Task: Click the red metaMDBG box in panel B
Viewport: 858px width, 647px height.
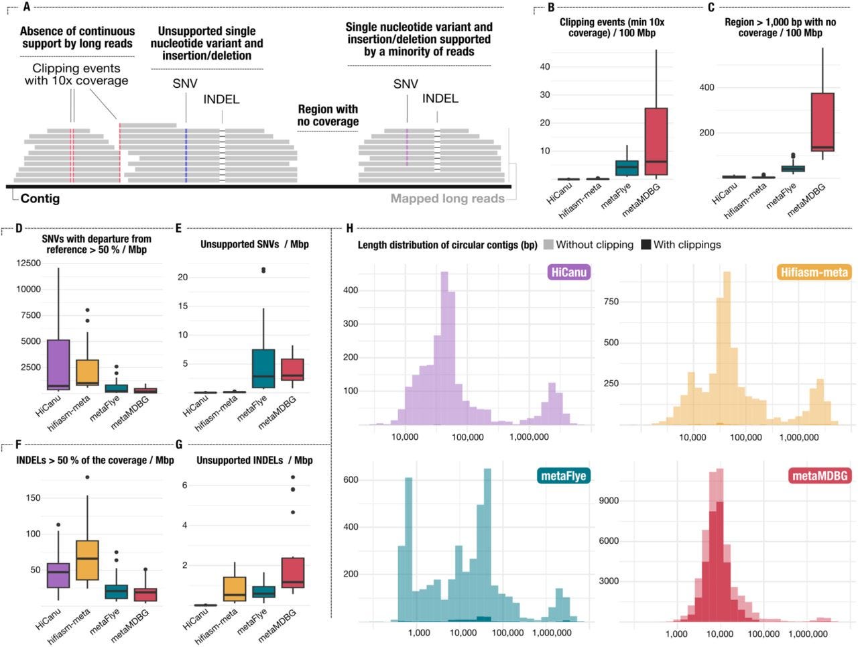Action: coord(656,141)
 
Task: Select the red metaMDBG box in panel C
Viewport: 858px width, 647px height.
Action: coord(822,121)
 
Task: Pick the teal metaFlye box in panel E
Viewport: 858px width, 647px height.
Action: coord(263,368)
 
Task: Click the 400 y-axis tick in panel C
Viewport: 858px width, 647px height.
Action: coord(707,88)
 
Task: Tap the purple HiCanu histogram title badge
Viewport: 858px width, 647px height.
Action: coord(568,272)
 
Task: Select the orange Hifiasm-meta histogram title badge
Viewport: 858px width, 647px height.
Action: coord(814,272)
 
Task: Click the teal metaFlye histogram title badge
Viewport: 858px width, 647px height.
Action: coord(562,476)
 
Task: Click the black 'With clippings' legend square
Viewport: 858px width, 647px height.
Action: coord(646,245)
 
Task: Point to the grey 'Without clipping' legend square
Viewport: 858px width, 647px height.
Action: coord(548,245)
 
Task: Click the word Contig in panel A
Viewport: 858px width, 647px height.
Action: coord(40,198)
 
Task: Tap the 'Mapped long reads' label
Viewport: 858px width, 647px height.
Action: coord(447,198)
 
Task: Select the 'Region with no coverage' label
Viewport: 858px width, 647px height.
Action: coord(328,115)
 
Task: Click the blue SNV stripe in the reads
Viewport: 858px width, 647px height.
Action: coord(186,154)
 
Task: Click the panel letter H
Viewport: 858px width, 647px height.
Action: coord(349,229)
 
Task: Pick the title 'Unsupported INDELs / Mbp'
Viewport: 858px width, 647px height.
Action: coord(255,460)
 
